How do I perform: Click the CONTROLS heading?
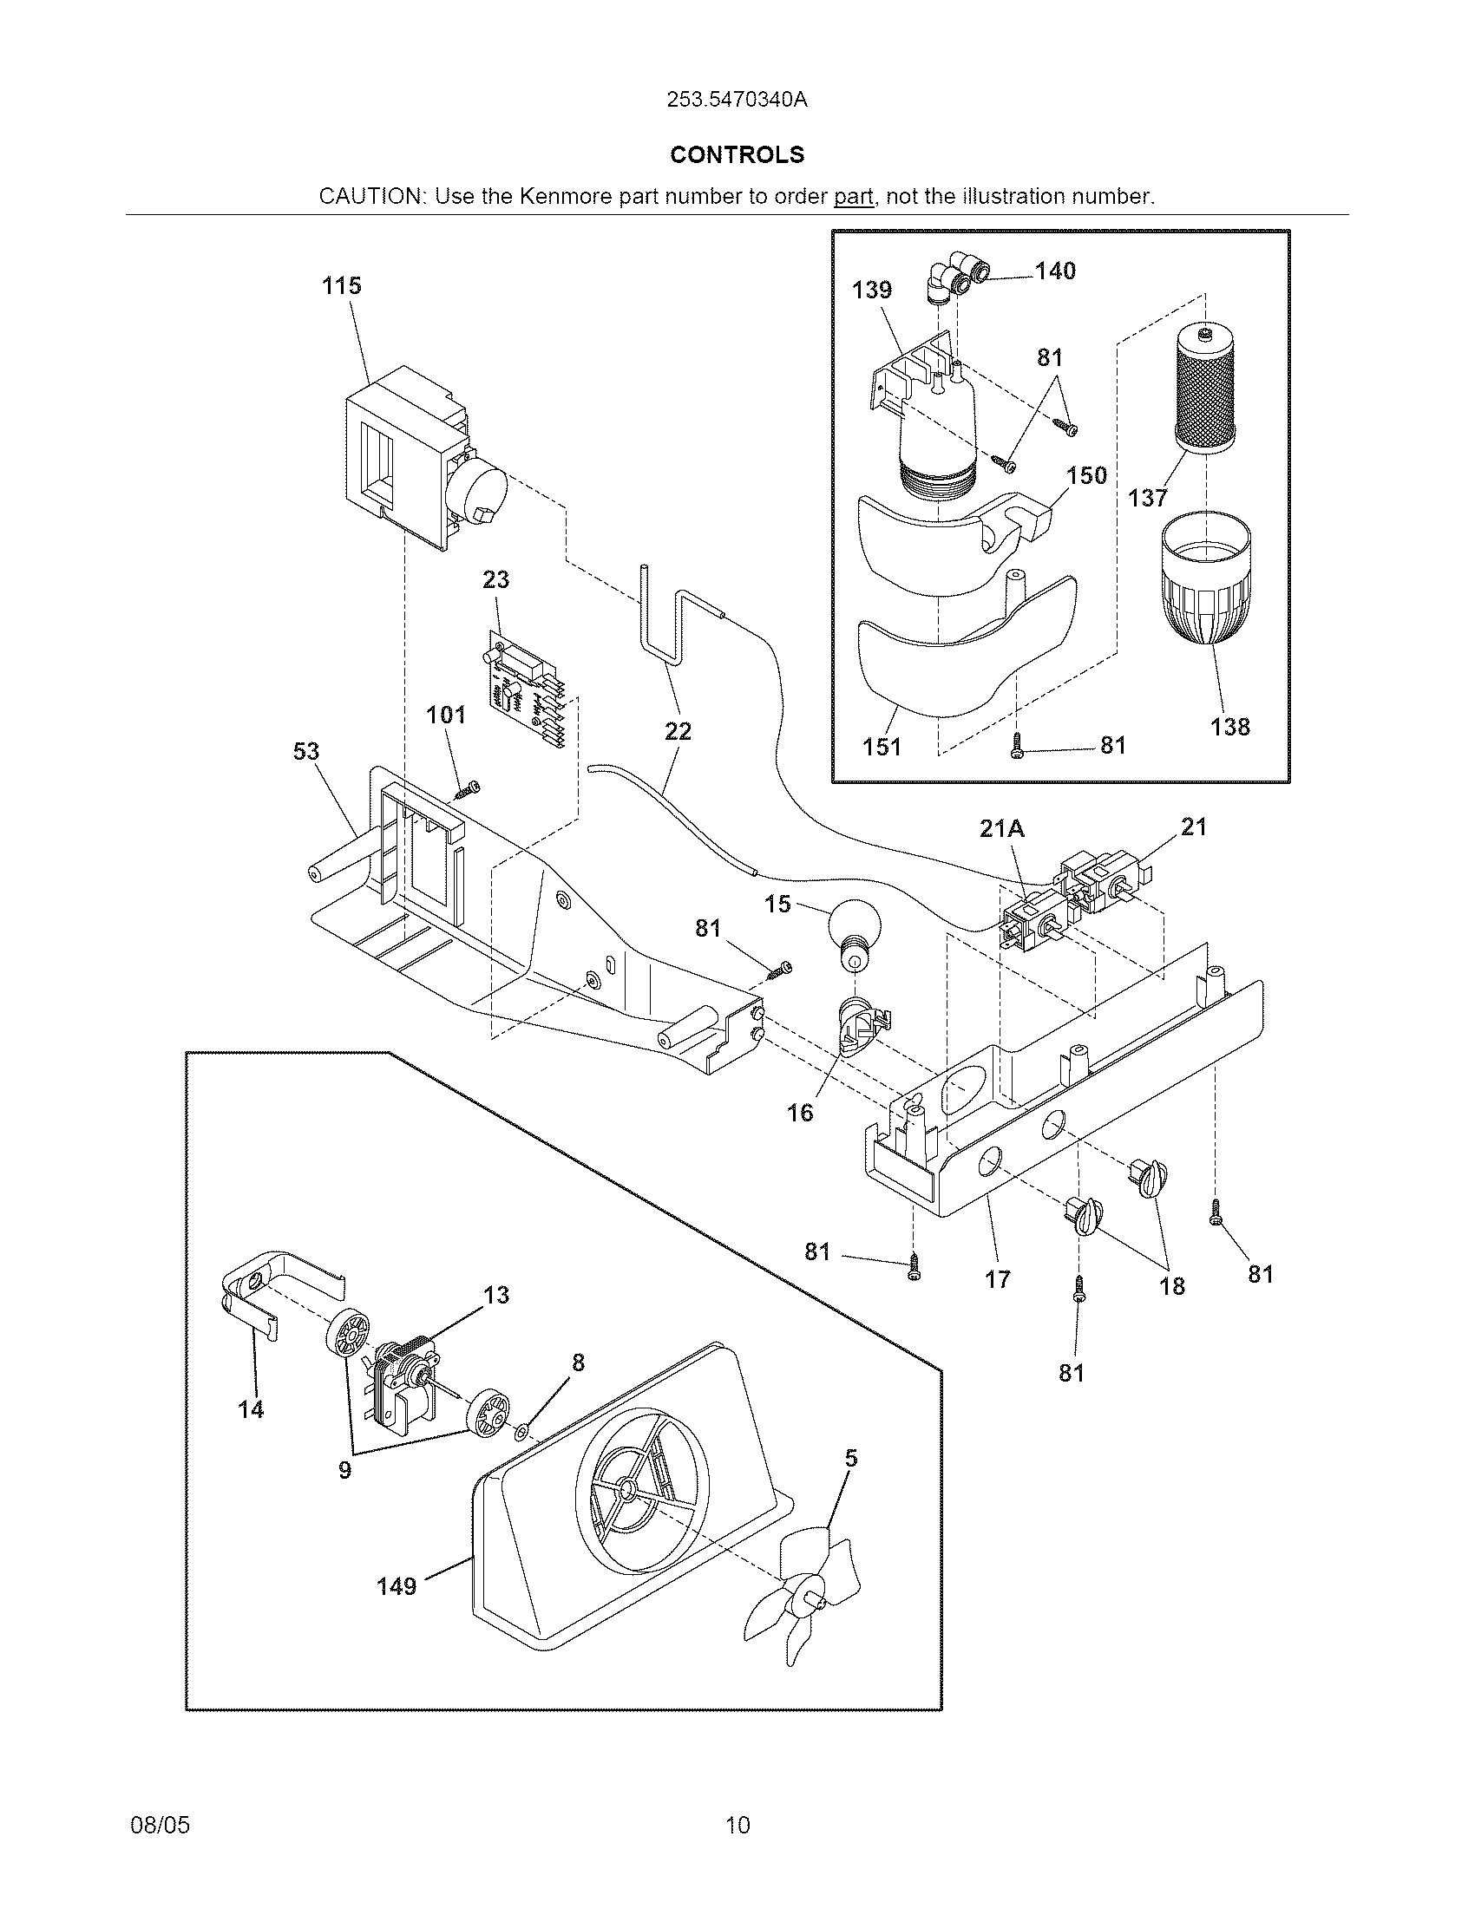[737, 154]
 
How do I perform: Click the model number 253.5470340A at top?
[737, 100]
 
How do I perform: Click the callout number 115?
[341, 285]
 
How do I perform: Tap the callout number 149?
[396, 1585]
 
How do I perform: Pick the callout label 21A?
[1001, 827]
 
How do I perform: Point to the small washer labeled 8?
[521, 1431]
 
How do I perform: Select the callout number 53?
[305, 751]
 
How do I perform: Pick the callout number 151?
[882, 747]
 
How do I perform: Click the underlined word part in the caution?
[853, 197]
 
